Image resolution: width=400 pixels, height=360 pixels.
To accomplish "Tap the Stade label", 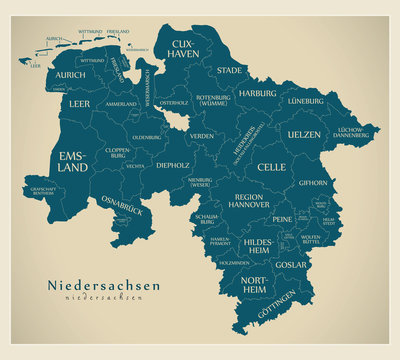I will pos(229,70).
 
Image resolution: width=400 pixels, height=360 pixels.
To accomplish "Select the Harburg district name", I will pos(257,93).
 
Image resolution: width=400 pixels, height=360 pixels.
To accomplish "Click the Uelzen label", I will pos(304,134).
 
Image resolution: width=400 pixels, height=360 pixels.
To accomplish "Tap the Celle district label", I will pos(271,167).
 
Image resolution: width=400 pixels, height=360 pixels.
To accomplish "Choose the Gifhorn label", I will pos(313,184).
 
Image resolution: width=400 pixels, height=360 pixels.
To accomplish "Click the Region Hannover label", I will pos(248,202).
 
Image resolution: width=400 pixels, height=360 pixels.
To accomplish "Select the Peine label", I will pos(282,219).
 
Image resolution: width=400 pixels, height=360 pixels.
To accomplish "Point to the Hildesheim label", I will pos(258,246).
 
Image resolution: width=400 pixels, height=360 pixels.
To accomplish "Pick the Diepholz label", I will pos(172,165).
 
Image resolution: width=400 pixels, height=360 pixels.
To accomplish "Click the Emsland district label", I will pos(73,162).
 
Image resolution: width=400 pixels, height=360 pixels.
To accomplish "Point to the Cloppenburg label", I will pos(117,156).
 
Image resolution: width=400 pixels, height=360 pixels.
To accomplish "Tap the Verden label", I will pos(202,136).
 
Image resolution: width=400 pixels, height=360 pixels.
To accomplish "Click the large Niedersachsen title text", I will pos(103,285).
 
